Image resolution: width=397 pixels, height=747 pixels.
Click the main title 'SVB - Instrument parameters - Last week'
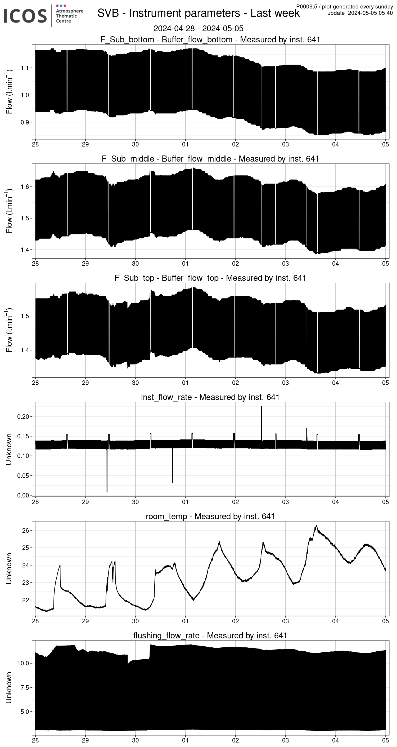[x=198, y=13]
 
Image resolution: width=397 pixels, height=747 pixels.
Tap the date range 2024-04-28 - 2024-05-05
[x=198, y=28]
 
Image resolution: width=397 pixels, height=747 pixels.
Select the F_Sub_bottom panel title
[x=210, y=39]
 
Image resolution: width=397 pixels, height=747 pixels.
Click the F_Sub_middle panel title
[x=210, y=159]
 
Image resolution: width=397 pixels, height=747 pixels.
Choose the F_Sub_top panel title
[x=210, y=278]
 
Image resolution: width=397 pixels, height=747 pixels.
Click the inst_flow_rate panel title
[x=210, y=397]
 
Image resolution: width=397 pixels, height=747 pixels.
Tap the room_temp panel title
[x=210, y=516]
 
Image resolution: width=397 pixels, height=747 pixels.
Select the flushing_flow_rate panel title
[x=210, y=635]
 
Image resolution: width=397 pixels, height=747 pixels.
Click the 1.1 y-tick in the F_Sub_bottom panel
[x=25, y=68]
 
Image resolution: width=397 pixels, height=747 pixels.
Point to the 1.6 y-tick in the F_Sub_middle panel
[x=25, y=187]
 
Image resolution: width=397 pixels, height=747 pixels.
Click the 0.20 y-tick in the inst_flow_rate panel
[x=23, y=417]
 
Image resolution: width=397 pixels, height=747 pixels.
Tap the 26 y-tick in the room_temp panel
[x=25, y=530]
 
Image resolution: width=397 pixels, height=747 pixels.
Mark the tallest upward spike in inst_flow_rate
[x=261, y=407]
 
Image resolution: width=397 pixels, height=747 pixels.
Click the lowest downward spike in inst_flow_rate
[x=107, y=492]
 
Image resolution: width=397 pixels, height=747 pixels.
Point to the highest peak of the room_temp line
[x=317, y=526]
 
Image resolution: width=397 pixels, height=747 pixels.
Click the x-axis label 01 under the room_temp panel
[x=185, y=621]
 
